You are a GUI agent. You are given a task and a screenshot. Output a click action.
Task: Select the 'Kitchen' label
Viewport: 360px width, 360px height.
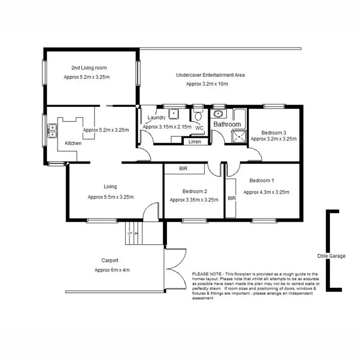click(73, 143)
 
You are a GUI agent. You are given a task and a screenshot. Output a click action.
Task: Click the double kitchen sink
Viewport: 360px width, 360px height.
click(52, 130)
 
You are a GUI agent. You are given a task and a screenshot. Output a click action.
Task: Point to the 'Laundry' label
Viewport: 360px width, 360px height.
click(156, 118)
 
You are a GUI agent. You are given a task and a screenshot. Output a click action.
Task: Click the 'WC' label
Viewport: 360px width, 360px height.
click(199, 128)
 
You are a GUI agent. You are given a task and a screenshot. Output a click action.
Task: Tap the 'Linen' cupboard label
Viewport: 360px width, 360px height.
click(195, 142)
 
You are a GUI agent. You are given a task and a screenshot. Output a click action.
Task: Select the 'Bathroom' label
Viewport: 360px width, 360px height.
click(227, 124)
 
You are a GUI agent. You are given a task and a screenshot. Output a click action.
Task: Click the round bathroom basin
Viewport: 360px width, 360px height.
click(218, 114)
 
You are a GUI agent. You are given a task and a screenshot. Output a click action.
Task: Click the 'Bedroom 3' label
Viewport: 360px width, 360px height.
click(274, 132)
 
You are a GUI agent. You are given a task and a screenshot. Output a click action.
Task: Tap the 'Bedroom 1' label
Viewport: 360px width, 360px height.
click(262, 181)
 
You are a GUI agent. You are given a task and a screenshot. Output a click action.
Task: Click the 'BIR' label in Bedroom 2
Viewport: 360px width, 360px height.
click(183, 169)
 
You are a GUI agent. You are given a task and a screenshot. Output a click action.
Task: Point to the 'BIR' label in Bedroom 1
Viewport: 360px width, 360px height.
click(231, 198)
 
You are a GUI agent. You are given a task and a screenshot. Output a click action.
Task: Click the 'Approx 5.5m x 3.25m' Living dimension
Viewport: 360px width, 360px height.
click(110, 197)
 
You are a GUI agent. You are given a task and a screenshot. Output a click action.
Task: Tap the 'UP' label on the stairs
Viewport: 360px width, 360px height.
click(130, 233)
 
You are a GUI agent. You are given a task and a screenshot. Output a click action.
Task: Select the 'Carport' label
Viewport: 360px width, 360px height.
click(110, 261)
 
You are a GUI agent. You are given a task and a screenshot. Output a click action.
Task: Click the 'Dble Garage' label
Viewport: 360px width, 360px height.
click(331, 256)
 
